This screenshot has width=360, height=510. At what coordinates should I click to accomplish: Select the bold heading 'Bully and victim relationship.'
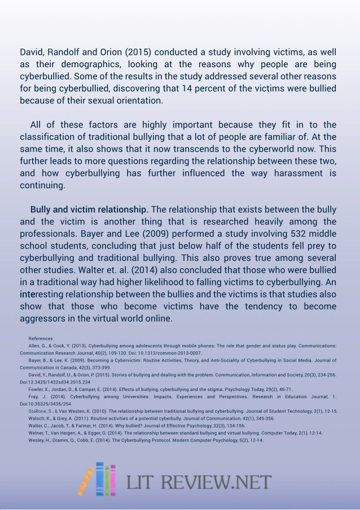coord(90,210)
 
